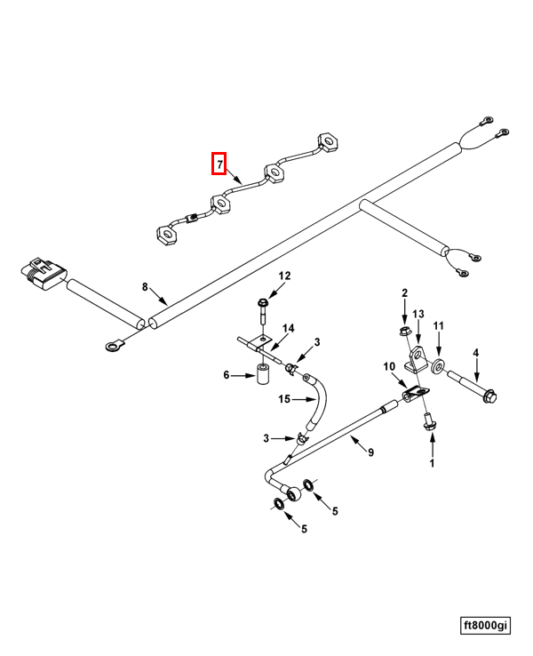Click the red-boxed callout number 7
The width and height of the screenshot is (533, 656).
(219, 164)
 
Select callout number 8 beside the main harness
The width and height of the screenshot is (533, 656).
(145, 286)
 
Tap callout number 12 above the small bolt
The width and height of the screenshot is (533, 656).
(284, 276)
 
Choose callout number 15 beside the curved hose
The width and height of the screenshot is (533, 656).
(283, 398)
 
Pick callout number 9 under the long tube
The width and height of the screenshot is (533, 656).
(370, 452)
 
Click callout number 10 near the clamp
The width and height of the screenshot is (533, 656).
(388, 366)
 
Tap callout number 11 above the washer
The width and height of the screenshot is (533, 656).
(438, 327)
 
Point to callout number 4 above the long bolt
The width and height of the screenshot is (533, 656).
(475, 353)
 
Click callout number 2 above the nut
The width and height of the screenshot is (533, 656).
(404, 292)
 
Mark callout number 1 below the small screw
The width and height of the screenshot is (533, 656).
(433, 462)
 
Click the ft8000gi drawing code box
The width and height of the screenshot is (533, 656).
(485, 626)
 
